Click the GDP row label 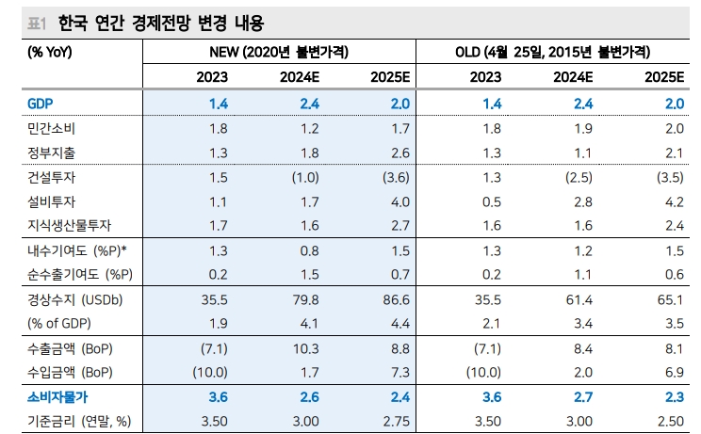[41, 104]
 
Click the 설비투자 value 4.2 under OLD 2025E [672, 201]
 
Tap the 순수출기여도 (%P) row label [80, 275]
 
